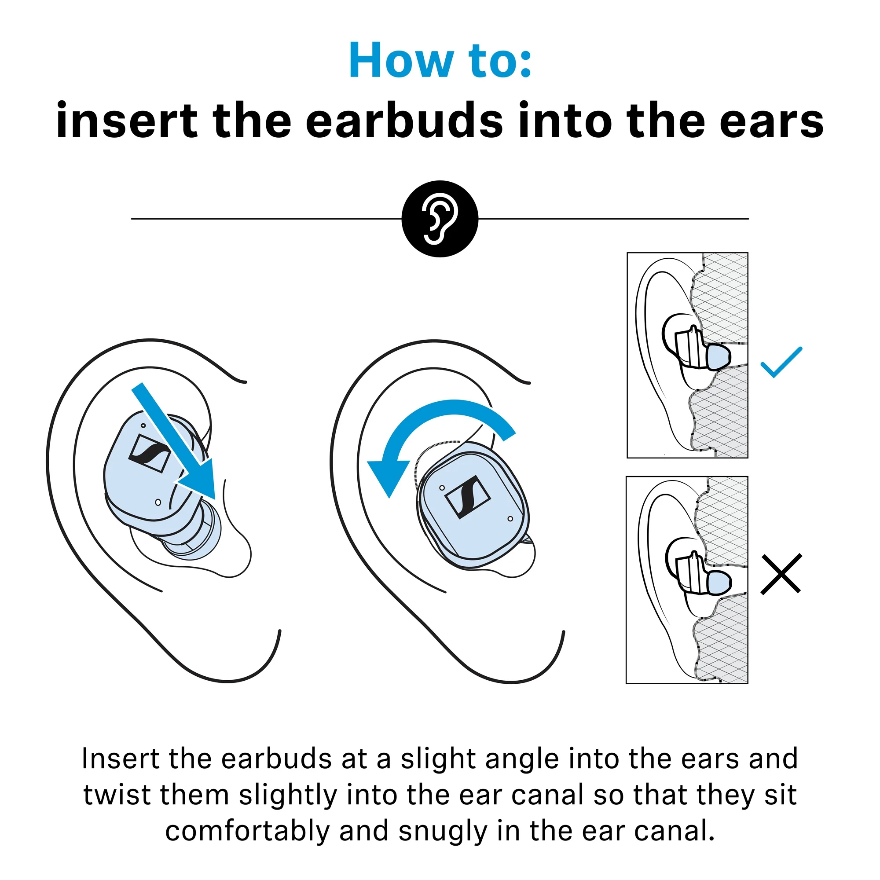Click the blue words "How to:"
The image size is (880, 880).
click(440, 60)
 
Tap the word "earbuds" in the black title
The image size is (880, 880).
click(405, 120)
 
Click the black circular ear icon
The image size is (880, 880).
click(440, 219)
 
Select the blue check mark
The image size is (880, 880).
click(781, 363)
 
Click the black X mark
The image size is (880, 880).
click(781, 574)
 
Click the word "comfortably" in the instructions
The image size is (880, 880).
click(248, 831)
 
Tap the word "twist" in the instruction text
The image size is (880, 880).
click(117, 795)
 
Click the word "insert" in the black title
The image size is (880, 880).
click(127, 120)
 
